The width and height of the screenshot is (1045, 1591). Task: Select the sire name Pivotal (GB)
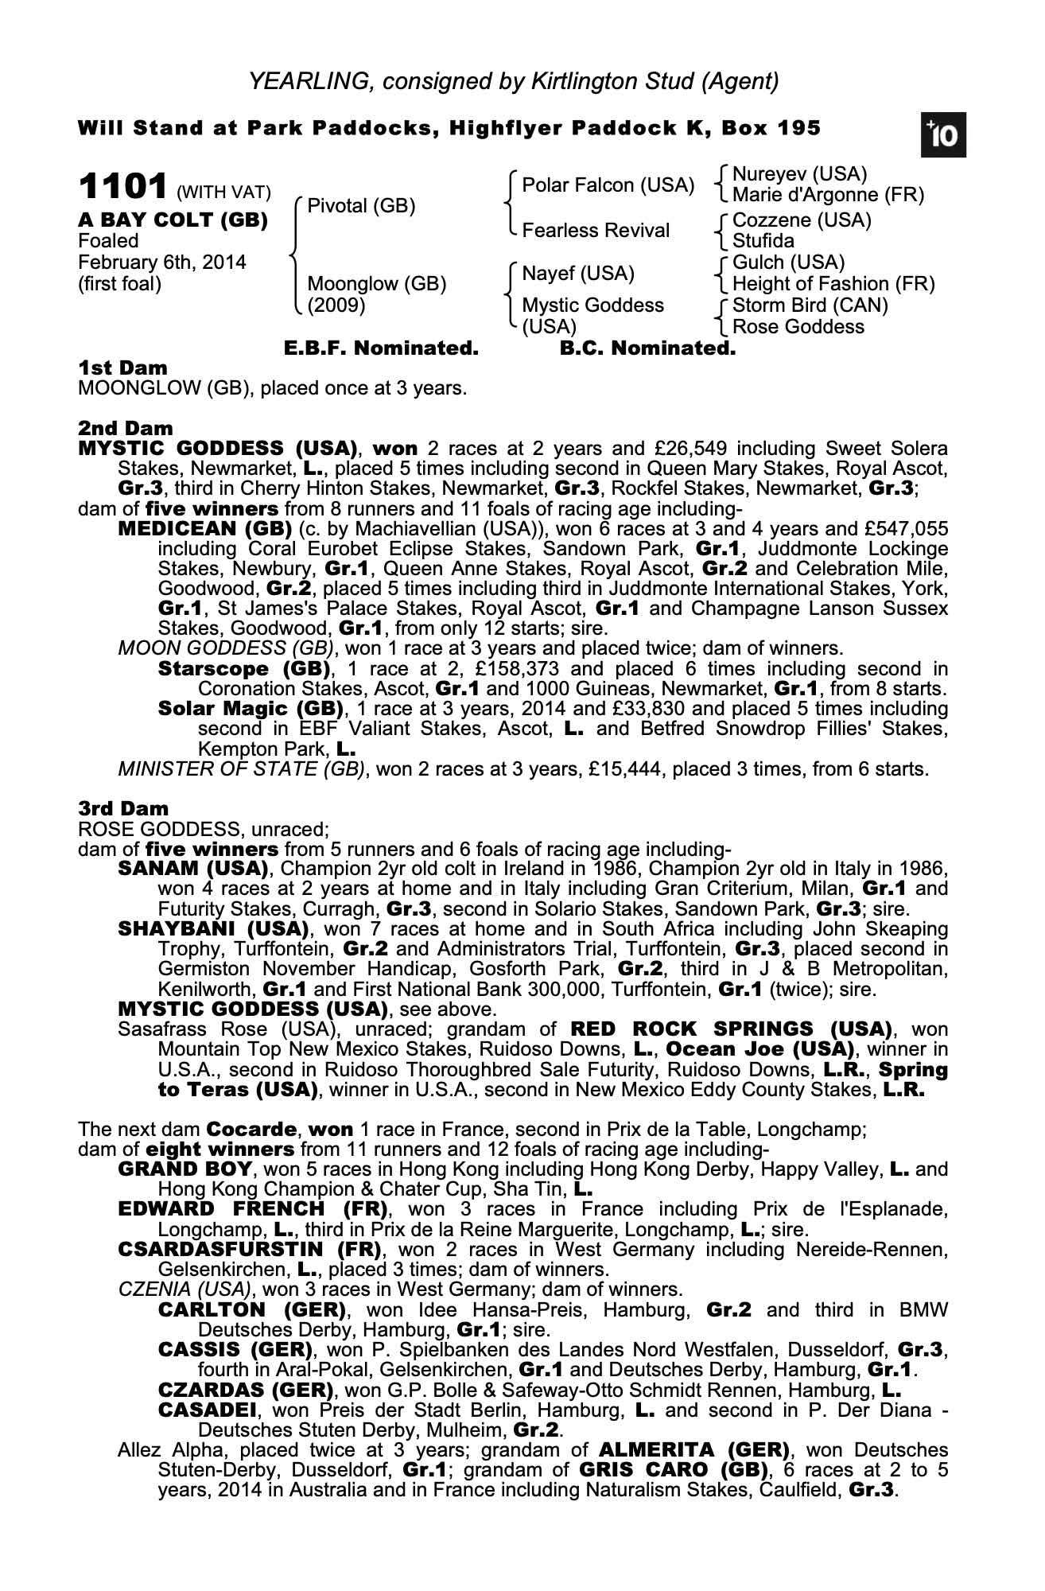361,206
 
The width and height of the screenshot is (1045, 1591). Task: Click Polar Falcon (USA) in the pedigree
608,185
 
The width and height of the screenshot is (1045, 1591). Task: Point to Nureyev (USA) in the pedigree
799,174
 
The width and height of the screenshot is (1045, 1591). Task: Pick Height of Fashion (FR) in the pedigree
833,284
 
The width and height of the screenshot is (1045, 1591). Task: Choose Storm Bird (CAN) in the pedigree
810,305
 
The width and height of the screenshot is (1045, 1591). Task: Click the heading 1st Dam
123,368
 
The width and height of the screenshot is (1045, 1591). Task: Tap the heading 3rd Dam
123,809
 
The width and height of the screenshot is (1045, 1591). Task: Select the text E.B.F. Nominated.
381,348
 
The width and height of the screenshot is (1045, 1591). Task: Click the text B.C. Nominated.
648,348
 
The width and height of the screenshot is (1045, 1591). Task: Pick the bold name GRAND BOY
185,1169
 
